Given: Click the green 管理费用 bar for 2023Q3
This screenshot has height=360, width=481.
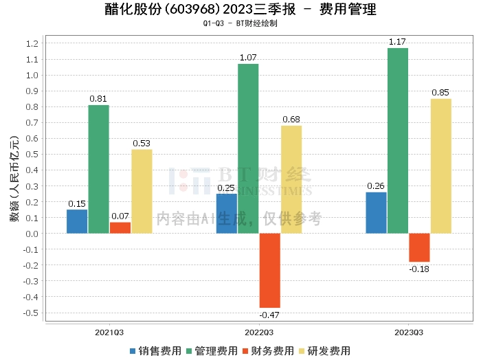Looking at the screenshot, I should (x=398, y=141).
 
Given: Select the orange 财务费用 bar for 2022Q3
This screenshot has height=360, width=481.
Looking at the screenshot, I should (x=270, y=271).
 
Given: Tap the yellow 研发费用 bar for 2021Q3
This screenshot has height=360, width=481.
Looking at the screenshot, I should (x=142, y=192).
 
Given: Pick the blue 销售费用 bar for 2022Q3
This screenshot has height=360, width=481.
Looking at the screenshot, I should (x=227, y=214).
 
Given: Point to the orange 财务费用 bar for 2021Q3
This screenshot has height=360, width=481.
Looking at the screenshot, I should (x=120, y=228).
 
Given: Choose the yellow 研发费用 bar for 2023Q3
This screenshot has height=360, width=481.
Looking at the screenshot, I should (x=441, y=166).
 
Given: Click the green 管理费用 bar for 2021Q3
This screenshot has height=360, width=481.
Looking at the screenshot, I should (x=99, y=169).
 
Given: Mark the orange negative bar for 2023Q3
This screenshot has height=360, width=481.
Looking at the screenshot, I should (x=419, y=247).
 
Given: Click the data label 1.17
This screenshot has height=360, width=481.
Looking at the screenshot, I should (x=398, y=43).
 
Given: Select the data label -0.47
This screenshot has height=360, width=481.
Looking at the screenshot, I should (x=269, y=315).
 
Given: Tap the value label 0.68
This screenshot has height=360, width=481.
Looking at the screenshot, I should (x=291, y=120).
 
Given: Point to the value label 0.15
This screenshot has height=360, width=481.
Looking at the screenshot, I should (x=77, y=204).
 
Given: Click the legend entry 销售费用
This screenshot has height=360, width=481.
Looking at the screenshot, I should (x=155, y=351).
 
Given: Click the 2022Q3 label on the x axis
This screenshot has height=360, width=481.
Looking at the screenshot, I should (x=259, y=333).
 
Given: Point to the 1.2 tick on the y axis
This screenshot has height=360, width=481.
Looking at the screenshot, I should (x=32, y=44).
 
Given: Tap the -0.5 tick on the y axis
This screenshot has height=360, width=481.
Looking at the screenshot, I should (x=30, y=313).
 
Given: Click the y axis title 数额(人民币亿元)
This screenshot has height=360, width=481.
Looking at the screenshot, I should (x=13, y=179).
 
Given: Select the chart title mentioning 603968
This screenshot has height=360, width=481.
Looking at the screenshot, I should (x=240, y=9).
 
